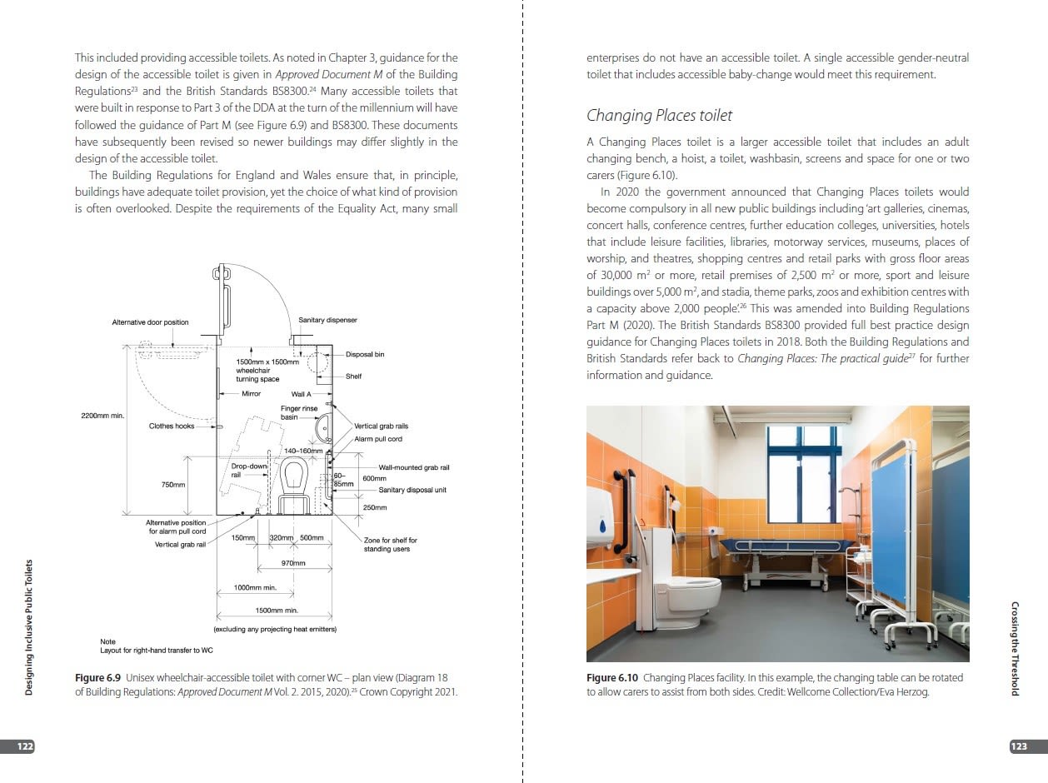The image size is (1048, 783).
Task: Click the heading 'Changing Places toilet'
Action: coord(659,115)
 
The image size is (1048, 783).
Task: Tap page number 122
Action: coord(26,746)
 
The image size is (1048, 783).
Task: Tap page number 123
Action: coord(1019,746)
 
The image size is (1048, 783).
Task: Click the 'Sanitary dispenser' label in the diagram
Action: coord(327,320)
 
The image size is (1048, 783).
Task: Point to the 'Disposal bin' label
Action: coord(365,355)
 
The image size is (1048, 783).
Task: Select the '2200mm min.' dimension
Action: coord(102,415)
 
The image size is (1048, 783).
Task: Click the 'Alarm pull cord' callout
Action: coord(378,439)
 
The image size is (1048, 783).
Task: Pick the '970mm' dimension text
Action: coord(294,563)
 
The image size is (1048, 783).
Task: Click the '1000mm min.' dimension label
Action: coord(254,588)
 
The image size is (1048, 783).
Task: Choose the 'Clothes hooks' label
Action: coord(171,426)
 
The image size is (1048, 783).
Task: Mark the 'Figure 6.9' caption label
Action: coord(98,678)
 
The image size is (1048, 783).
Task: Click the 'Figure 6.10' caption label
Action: coord(612,678)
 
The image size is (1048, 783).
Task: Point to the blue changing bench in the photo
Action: coord(778,546)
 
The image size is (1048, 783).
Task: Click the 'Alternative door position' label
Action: coord(150,322)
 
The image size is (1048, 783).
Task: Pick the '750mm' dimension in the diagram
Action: coord(173,484)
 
